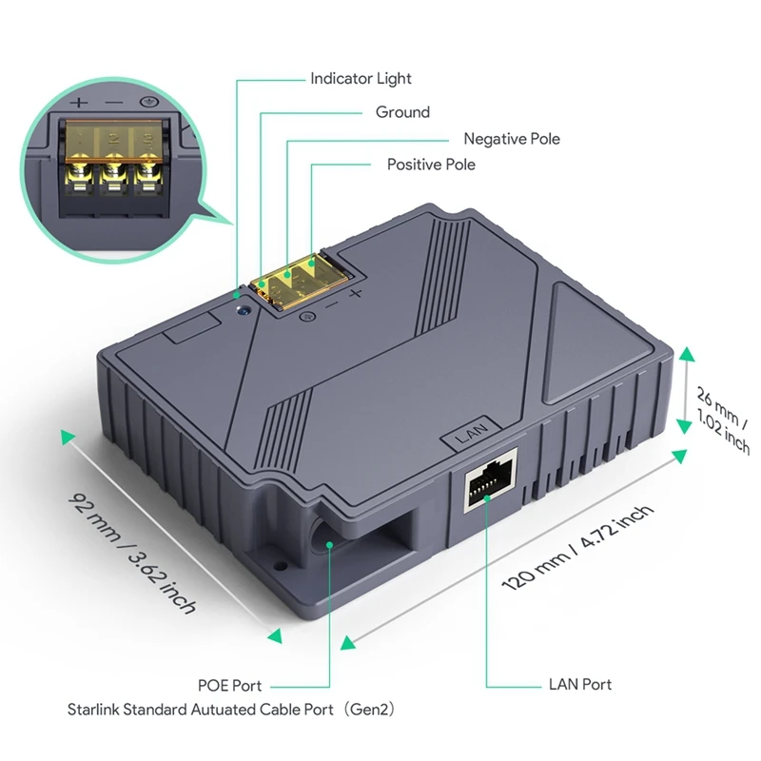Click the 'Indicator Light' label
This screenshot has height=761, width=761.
pyautogui.click(x=361, y=78)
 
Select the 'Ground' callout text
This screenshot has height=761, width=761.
pyautogui.click(x=402, y=112)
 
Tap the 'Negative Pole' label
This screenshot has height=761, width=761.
pyautogui.click(x=512, y=139)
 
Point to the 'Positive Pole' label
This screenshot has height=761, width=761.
pyautogui.click(x=431, y=165)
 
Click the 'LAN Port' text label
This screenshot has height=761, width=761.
pyautogui.click(x=579, y=684)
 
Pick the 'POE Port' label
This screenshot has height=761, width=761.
pyautogui.click(x=228, y=685)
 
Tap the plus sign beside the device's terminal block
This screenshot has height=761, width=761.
pyautogui.click(x=355, y=294)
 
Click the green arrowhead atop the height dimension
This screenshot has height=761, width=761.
pyautogui.click(x=687, y=356)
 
